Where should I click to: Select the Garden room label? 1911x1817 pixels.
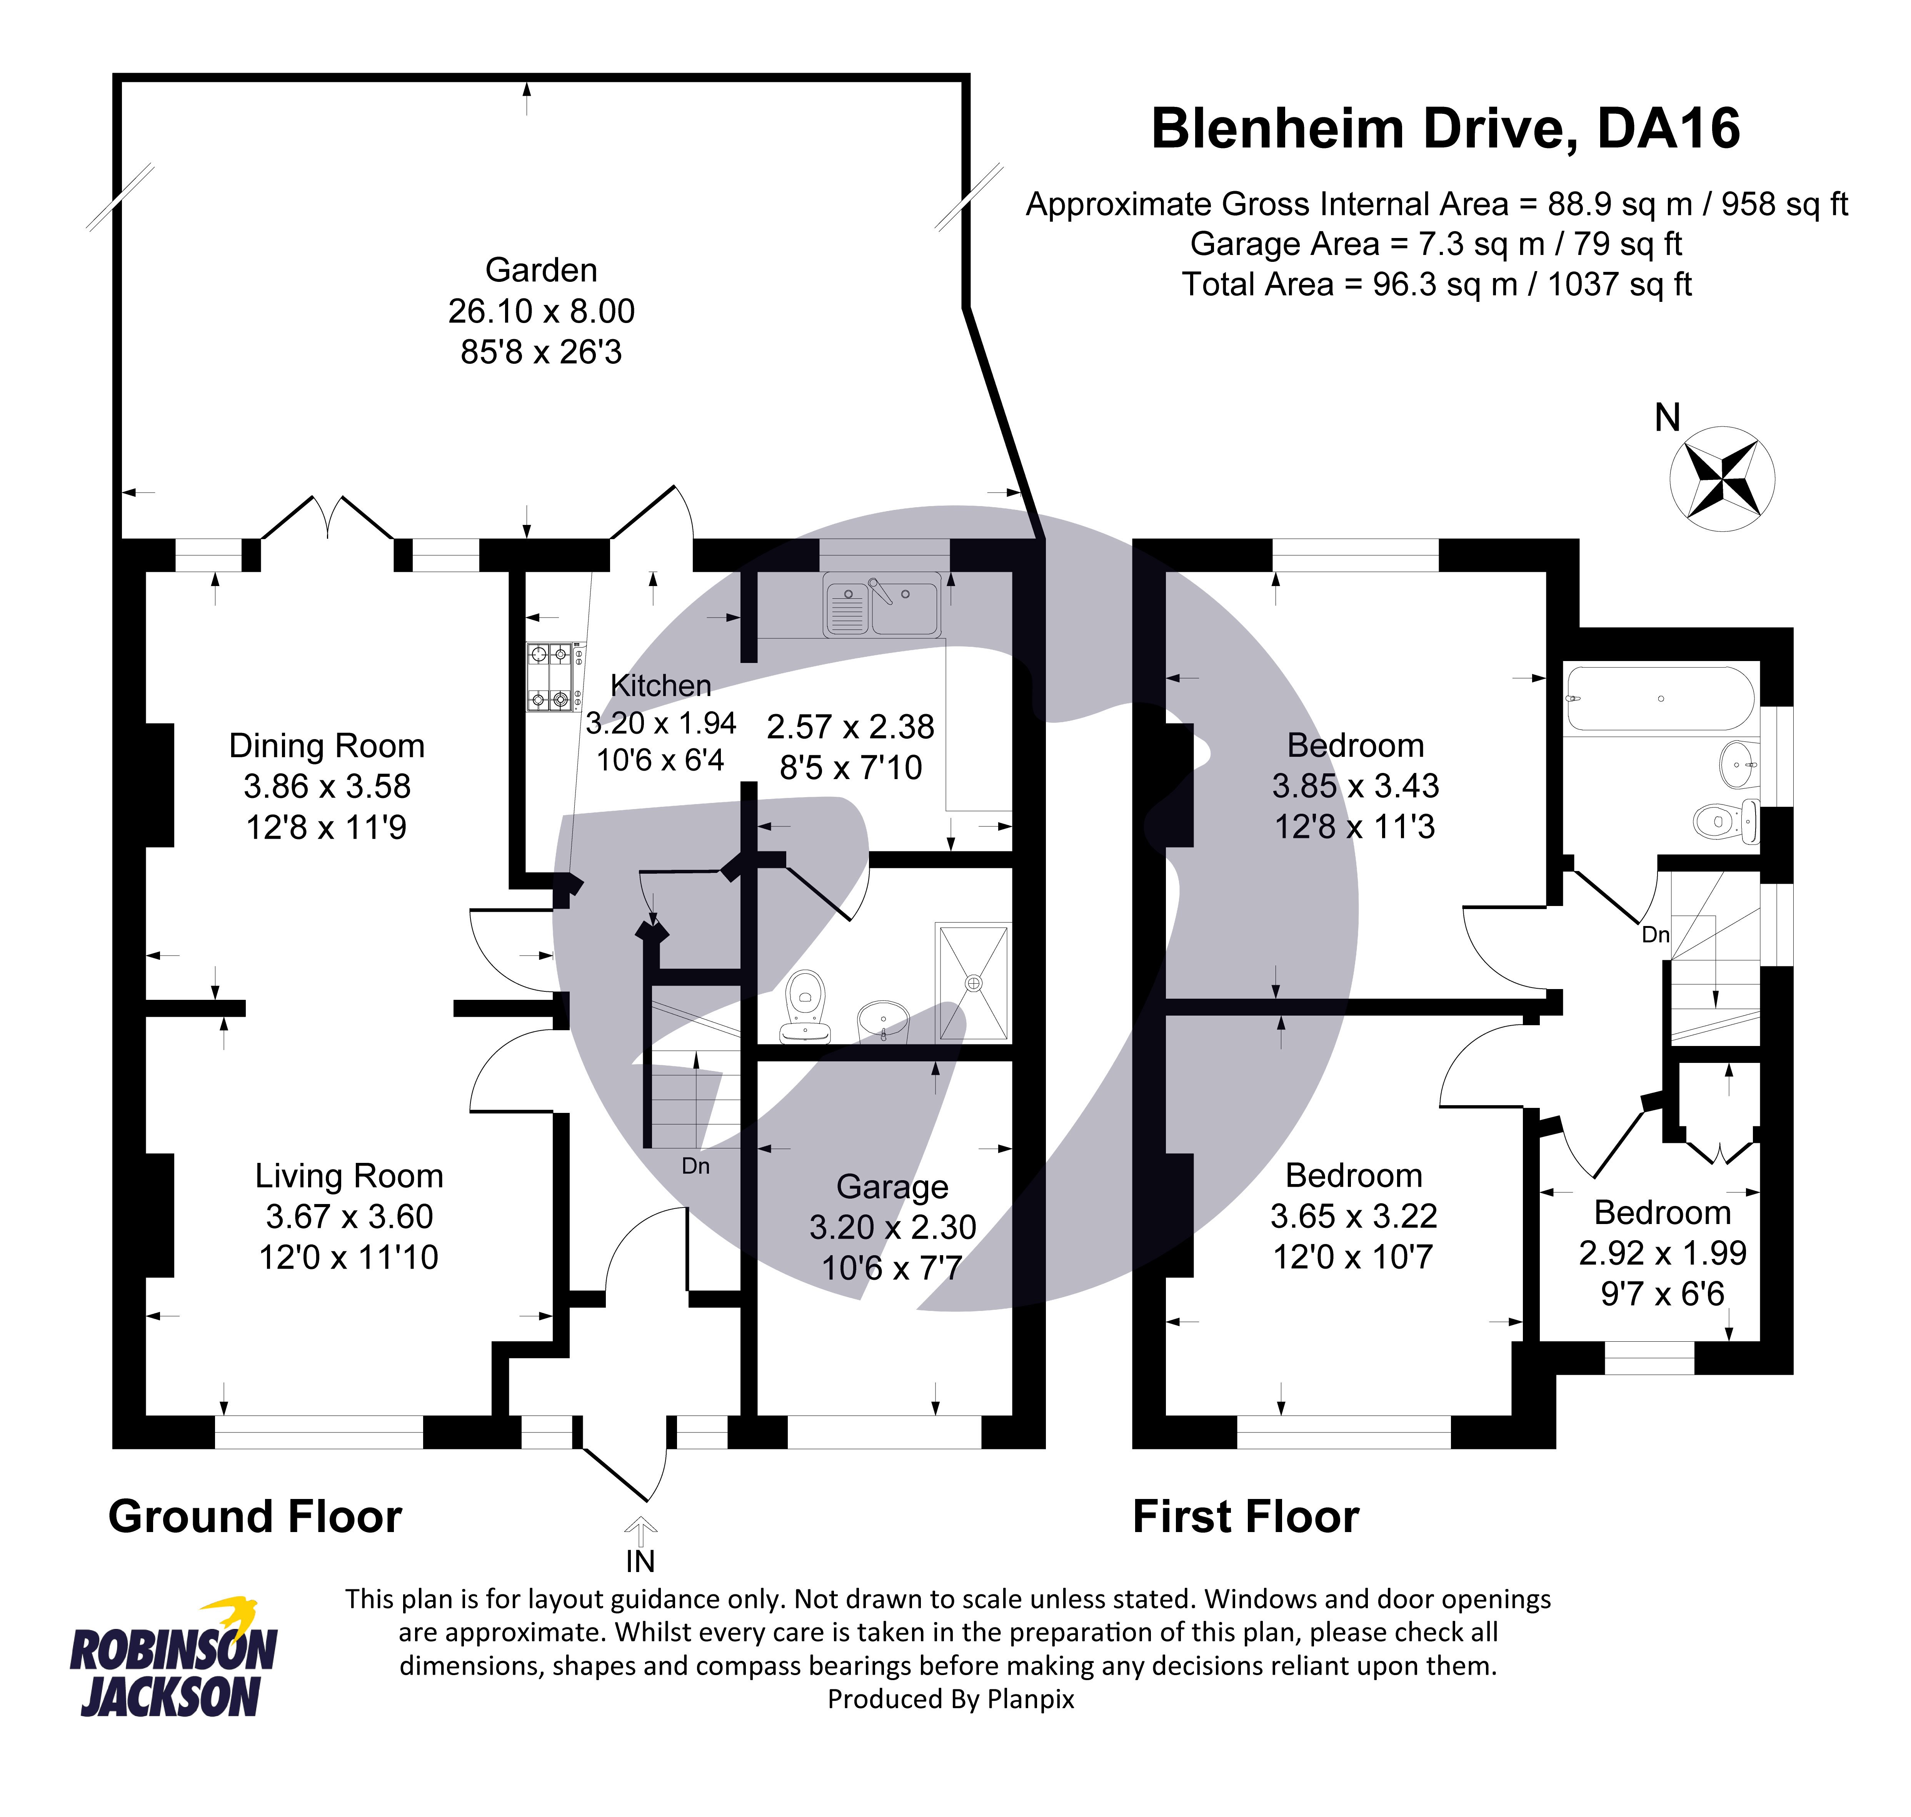(540, 270)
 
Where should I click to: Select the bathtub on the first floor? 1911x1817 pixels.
(1659, 698)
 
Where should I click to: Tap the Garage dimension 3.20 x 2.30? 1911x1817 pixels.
(892, 1227)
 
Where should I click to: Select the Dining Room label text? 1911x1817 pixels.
(327, 746)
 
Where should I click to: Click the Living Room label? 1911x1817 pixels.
(349, 1176)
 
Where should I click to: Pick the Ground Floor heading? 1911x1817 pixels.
(255, 1517)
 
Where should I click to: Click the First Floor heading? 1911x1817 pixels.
(1246, 1517)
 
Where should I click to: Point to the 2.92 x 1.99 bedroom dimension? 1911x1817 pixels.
(1662, 1253)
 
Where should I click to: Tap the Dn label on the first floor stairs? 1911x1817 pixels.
(1655, 935)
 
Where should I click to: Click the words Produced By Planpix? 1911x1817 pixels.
(950, 1699)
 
